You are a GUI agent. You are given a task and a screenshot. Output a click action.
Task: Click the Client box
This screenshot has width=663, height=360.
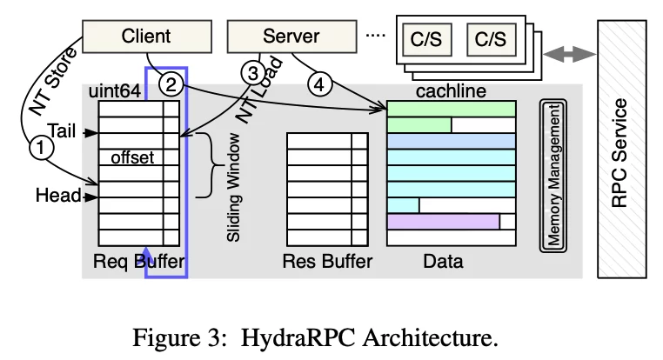tap(145, 37)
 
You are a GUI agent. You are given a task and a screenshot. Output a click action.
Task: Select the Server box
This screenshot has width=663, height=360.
tap(291, 37)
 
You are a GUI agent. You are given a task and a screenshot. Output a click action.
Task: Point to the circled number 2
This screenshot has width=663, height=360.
tap(172, 84)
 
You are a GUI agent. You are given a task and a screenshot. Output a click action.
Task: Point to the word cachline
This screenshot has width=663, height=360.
tap(451, 90)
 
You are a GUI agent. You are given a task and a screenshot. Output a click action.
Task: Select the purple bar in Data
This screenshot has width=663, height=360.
tap(443, 222)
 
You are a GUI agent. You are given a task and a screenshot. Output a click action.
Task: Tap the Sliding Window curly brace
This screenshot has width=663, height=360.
tap(211, 164)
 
